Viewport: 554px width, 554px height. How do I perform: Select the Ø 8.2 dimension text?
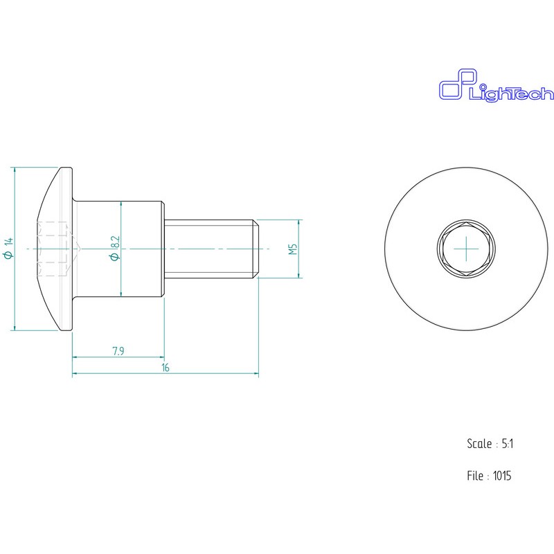pyautogui.click(x=115, y=249)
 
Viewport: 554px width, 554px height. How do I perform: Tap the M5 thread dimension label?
pyautogui.click(x=293, y=249)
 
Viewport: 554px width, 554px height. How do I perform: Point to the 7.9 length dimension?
pyautogui.click(x=118, y=351)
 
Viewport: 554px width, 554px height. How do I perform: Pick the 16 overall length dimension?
pyautogui.click(x=166, y=368)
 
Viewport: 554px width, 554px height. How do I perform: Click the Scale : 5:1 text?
pyautogui.click(x=490, y=444)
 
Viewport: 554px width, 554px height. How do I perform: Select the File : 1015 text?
pyautogui.click(x=489, y=476)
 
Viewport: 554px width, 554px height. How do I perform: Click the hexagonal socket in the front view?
pyautogui.click(x=466, y=249)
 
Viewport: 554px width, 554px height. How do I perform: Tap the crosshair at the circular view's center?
pyautogui.click(x=466, y=249)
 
